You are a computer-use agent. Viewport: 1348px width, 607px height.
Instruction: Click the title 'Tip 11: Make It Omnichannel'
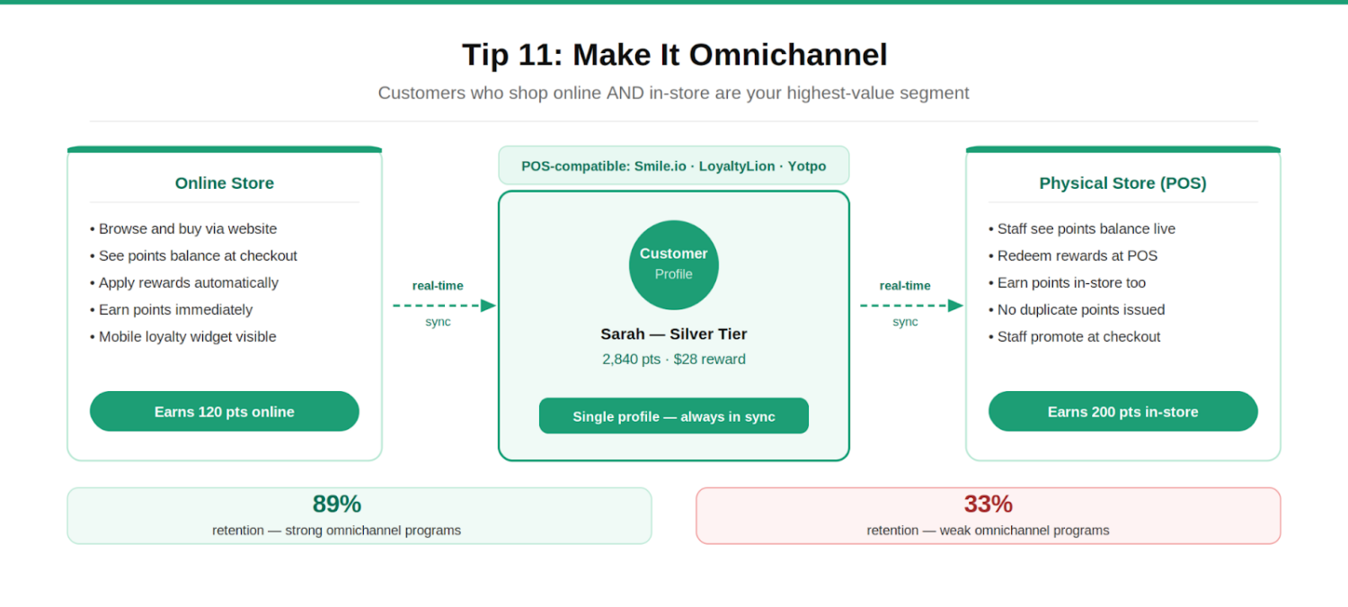point(674,55)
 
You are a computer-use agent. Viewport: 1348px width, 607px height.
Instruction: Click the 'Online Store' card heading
point(225,183)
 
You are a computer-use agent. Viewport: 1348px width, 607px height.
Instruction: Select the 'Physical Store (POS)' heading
point(1122,183)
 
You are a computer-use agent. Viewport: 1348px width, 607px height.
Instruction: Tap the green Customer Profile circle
point(674,264)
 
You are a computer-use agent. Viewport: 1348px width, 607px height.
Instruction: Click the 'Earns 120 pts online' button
point(225,412)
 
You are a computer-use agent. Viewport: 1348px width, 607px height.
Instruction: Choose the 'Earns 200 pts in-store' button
point(1122,412)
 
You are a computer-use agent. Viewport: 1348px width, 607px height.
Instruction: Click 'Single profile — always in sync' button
point(674,416)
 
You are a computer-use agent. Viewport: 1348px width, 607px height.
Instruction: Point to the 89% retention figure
point(337,504)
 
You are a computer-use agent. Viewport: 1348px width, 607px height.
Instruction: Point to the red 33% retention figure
point(988,504)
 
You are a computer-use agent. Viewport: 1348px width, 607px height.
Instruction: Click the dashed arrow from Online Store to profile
point(444,306)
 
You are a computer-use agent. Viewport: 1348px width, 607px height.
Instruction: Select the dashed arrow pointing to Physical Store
point(911,306)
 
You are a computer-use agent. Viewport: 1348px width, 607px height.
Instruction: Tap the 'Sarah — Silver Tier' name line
point(674,335)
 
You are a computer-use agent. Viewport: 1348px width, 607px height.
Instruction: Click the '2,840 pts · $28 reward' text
point(674,360)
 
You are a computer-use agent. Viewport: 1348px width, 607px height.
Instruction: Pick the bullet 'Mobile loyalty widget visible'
point(187,337)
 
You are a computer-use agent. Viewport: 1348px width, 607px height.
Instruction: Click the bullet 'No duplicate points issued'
point(1080,310)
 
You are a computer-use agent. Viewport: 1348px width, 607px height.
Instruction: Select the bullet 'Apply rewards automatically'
point(188,283)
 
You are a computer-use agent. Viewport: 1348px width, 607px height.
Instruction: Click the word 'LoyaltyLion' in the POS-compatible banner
point(738,166)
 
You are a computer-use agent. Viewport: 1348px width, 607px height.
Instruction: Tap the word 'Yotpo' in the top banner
point(807,166)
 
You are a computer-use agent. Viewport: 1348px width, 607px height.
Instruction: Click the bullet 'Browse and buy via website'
point(187,229)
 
